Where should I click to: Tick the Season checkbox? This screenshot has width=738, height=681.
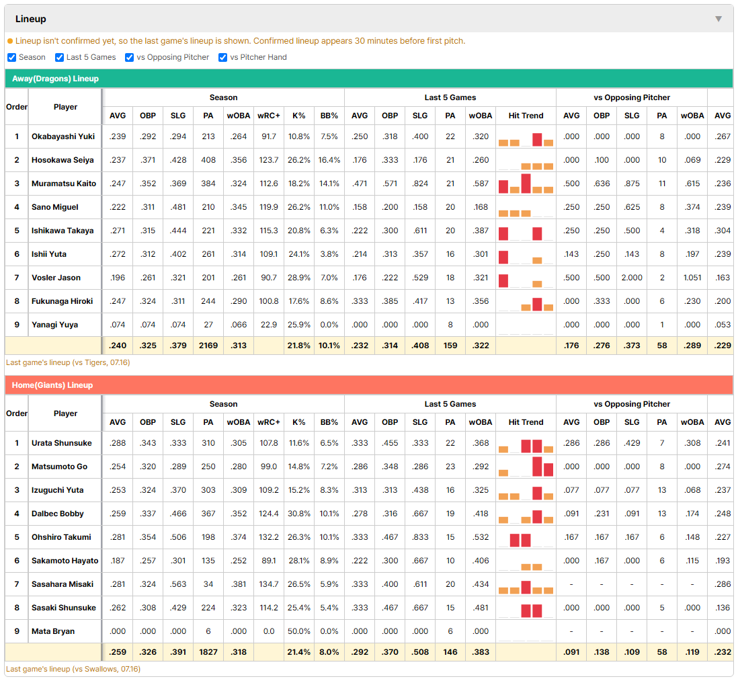point(12,57)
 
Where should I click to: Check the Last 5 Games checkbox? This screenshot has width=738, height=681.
point(59,57)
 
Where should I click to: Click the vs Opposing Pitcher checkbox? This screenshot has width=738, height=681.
point(130,57)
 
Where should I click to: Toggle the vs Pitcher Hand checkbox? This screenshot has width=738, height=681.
point(222,57)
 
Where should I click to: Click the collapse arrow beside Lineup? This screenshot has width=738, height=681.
point(719,19)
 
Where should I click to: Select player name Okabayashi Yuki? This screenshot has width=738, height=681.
point(63,136)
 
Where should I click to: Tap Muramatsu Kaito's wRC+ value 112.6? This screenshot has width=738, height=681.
point(269,184)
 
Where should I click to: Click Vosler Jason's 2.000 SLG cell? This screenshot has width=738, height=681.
point(632,278)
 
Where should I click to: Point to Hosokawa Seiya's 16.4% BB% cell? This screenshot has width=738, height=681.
point(329,160)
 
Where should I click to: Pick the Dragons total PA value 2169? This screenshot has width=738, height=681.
point(208,346)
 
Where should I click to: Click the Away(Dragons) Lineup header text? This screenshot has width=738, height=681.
point(56,79)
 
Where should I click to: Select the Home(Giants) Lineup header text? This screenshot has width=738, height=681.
point(52,385)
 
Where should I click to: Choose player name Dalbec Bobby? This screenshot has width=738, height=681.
point(57,514)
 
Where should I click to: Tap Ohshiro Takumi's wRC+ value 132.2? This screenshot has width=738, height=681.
point(269,537)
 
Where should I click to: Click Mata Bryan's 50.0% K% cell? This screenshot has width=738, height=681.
point(299,631)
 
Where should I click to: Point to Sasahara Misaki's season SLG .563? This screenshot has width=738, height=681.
point(178,584)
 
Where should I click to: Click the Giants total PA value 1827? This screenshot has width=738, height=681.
point(208,652)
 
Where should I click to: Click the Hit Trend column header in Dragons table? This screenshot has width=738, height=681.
point(526,116)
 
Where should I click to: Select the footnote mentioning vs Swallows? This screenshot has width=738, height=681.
point(73,669)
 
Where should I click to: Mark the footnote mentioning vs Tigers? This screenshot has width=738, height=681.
point(69,362)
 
